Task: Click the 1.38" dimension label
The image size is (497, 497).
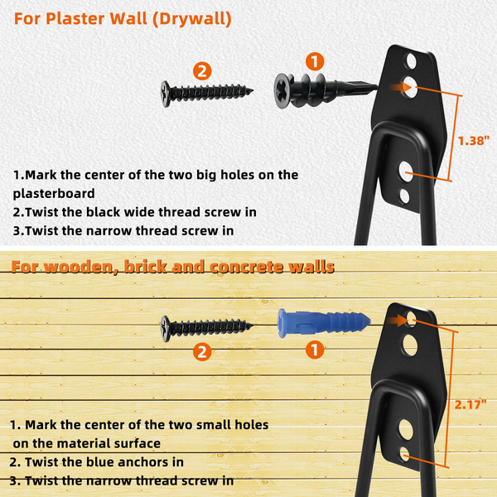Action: [x=474, y=141]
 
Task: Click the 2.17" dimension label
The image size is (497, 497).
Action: [x=470, y=404]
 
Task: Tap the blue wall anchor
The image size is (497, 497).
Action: [x=324, y=323]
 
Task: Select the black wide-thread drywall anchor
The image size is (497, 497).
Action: [x=326, y=90]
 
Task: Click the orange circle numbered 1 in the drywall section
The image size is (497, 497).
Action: [x=315, y=61]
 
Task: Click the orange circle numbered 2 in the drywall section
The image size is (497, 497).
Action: [x=202, y=70]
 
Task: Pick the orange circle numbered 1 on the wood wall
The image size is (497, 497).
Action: [x=315, y=350]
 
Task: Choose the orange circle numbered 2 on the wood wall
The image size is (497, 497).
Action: [x=202, y=352]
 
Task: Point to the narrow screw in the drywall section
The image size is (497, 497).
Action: [x=206, y=94]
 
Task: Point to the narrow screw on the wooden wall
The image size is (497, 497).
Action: [x=206, y=328]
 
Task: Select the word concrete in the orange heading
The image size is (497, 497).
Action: [x=247, y=267]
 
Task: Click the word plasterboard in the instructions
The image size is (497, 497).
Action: [x=54, y=194]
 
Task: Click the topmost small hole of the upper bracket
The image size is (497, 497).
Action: [x=412, y=60]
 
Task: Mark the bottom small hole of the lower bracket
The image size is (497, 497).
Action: [x=405, y=454]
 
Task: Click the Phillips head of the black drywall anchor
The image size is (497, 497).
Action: [x=282, y=91]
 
